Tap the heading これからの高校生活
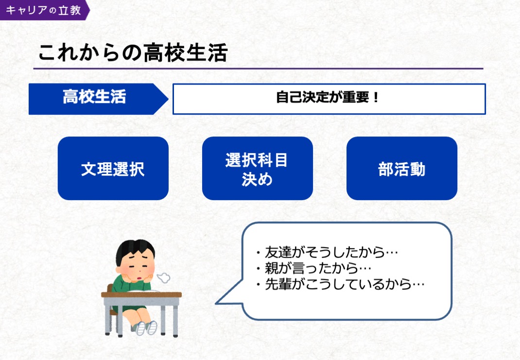(133, 52)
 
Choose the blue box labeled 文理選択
(113, 169)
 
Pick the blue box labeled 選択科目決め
(258, 169)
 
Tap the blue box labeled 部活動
(401, 169)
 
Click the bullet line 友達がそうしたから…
(328, 253)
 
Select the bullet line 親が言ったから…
(314, 268)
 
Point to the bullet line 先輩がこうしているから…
(341, 284)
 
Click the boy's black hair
(134, 249)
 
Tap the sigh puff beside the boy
(163, 278)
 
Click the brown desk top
(141, 294)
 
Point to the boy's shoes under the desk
(147, 327)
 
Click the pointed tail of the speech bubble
(216, 303)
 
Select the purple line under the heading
(258, 69)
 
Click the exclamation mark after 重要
(376, 98)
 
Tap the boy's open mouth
(140, 277)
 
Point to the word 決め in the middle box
(257, 180)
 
